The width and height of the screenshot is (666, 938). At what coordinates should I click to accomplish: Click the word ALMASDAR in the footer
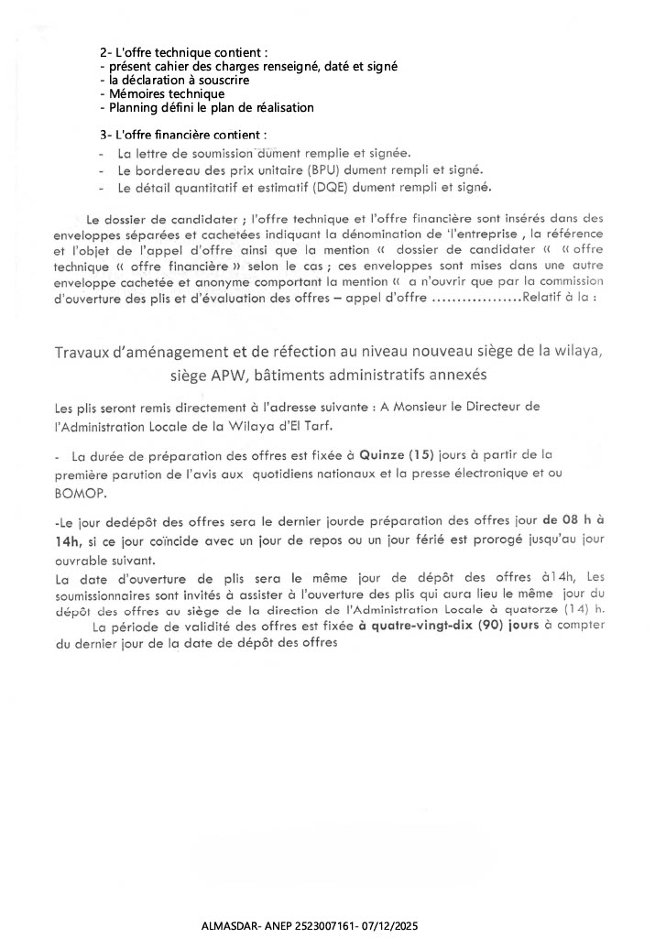[x=226, y=927]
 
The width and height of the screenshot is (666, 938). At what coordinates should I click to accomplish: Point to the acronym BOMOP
[x=81, y=491]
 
